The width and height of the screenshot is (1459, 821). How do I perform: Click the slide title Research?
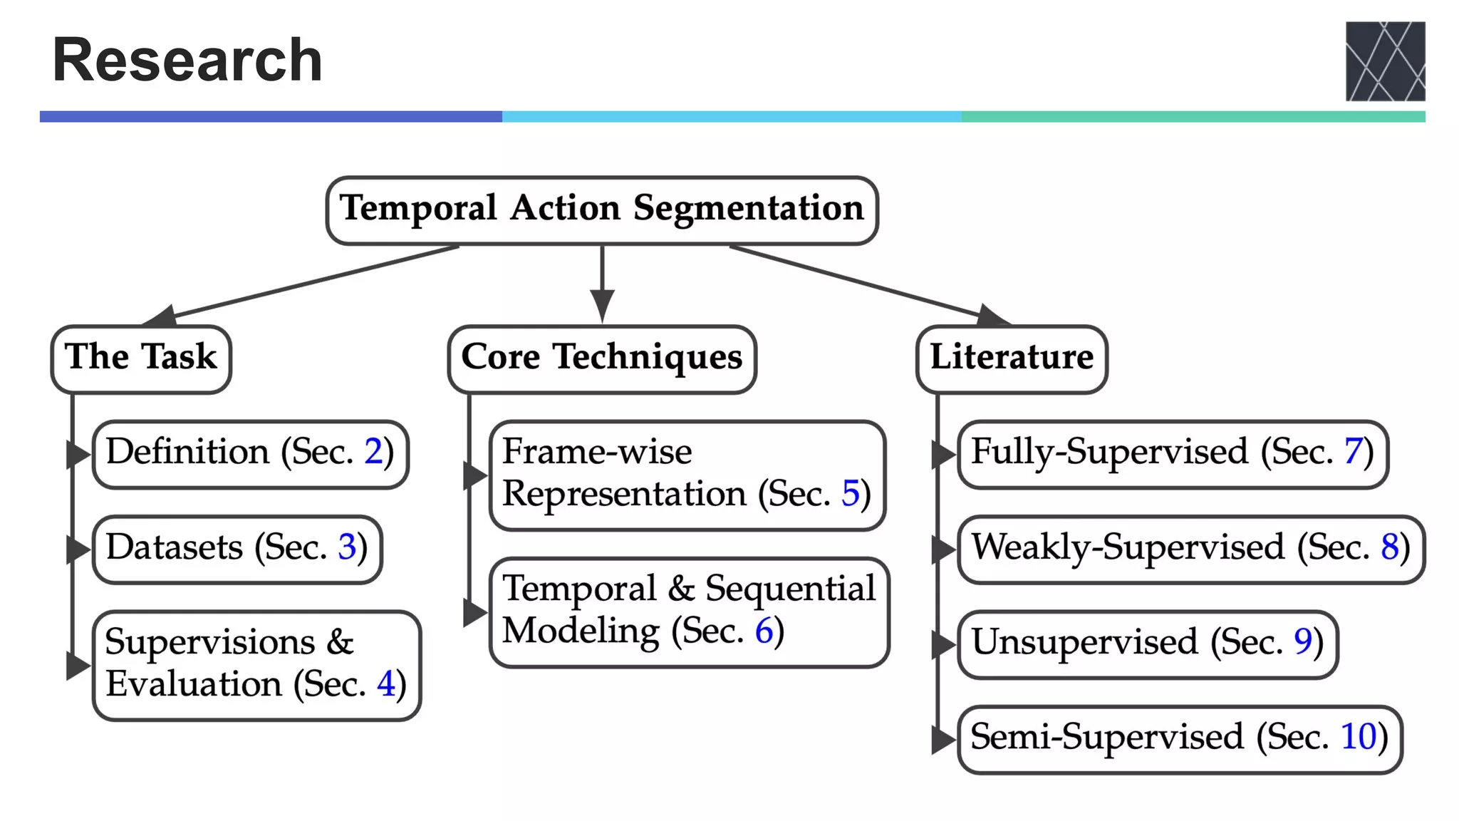point(187,60)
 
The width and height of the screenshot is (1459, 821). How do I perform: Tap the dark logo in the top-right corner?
point(1384,61)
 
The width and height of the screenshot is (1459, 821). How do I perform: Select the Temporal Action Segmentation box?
point(602,210)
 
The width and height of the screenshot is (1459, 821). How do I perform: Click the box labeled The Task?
point(141,358)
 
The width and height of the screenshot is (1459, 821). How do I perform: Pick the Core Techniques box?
point(602,358)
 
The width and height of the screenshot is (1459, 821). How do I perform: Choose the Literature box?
point(1012,358)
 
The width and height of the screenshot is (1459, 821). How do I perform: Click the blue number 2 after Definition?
point(373,452)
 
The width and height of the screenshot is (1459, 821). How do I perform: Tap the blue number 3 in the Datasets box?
point(347,547)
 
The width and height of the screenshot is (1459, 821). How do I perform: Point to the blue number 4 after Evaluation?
point(386,684)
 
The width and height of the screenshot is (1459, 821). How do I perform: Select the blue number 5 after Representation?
point(851,494)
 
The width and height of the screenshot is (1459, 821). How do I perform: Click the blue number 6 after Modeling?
point(764,631)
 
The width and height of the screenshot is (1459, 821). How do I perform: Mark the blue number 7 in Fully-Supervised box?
point(1353,452)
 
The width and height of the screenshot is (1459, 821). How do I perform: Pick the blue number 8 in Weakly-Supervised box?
point(1390,547)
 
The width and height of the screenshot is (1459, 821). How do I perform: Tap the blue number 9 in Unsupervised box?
point(1303,642)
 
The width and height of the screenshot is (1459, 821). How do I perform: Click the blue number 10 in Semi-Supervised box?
point(1359,737)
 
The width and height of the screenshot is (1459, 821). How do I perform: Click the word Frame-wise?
point(597,452)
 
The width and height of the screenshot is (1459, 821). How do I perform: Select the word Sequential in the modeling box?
point(790,589)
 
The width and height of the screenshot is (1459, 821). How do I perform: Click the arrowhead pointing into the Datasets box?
point(77,549)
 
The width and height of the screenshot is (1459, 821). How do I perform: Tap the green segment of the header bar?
point(1193,116)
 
